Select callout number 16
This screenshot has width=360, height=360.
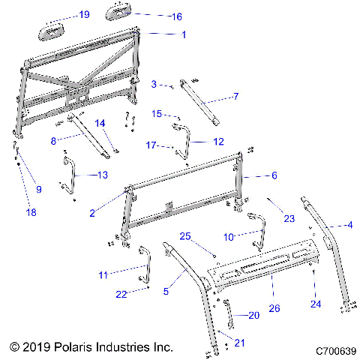(177, 15)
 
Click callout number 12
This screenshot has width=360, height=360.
(219, 140)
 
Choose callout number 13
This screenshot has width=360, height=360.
(103, 174)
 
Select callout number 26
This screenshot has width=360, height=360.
(274, 308)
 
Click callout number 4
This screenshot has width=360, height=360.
(349, 223)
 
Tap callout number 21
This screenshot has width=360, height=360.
(240, 343)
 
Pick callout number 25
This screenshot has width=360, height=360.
(184, 236)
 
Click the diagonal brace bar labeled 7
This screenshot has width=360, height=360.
(198, 102)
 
